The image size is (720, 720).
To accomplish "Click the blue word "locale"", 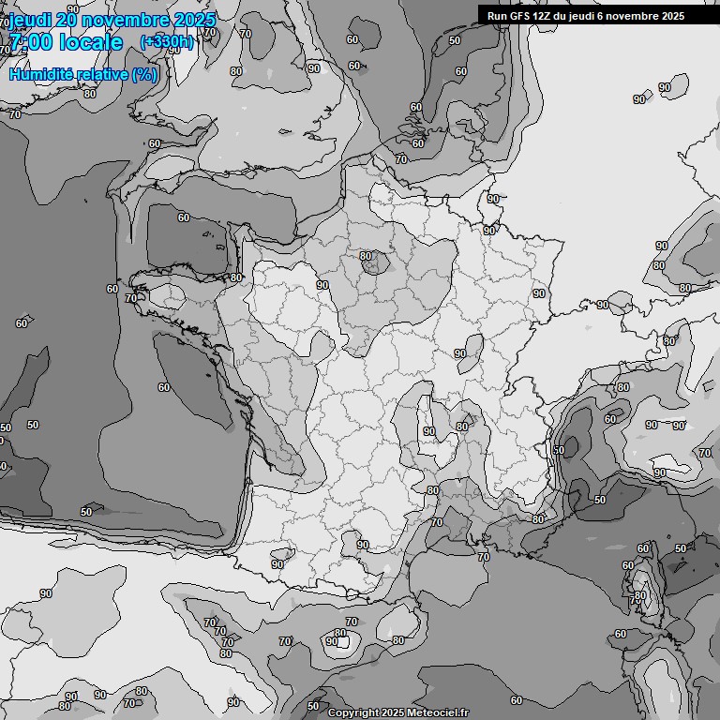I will click(x=89, y=42).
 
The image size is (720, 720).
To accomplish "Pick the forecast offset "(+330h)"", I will click(x=167, y=41).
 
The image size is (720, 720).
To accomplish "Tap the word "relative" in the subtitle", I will click(x=101, y=74).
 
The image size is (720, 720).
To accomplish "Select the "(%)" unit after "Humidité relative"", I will click(x=144, y=74).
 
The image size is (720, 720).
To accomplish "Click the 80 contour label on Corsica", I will click(x=640, y=595).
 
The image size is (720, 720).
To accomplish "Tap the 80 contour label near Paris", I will click(x=366, y=256).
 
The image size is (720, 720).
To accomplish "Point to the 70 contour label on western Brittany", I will click(x=130, y=298).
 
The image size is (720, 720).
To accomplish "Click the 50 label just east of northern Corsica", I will click(x=681, y=548).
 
